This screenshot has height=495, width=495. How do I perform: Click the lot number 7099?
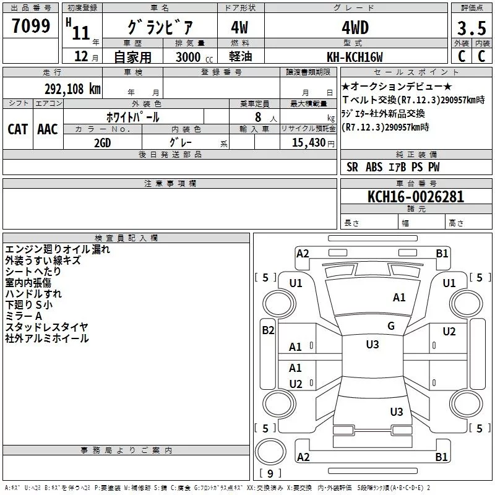31,27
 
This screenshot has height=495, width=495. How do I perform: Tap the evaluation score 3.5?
471,28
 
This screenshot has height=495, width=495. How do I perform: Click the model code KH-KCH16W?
355,57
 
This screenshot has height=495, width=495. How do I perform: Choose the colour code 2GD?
102,142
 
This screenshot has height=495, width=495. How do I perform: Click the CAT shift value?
17,129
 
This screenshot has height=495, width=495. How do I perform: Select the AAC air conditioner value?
48,129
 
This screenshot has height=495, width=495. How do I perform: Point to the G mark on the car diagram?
391,326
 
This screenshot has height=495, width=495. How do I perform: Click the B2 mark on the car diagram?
268,330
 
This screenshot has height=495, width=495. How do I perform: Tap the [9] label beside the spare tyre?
269,474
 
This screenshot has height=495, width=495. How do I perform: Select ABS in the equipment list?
374,167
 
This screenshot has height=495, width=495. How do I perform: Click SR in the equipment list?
352,167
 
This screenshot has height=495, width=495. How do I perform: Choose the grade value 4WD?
355,28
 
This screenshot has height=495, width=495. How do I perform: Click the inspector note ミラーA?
24,316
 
